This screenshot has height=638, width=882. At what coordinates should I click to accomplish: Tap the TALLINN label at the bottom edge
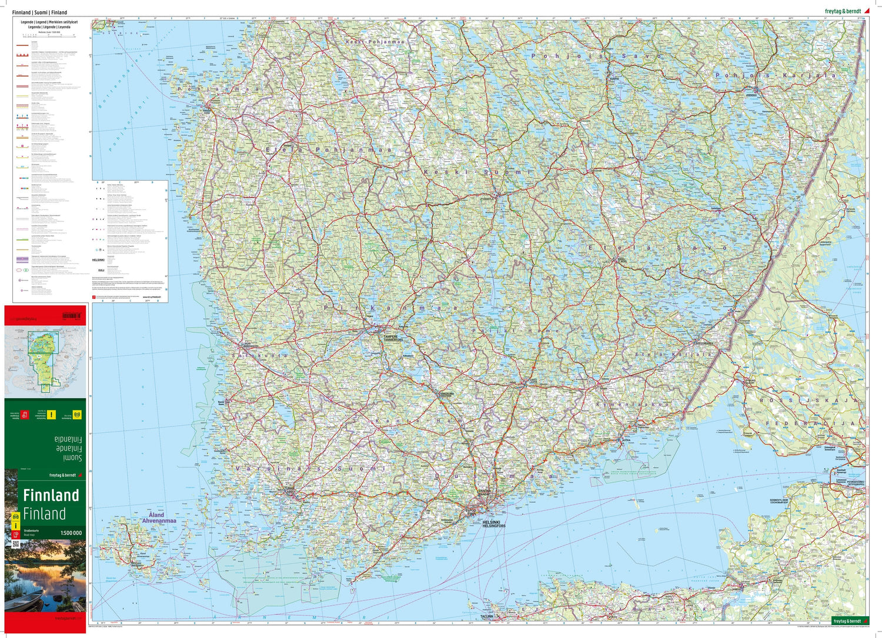coord(486,616)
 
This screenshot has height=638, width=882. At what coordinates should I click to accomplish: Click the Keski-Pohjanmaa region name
coord(375,42)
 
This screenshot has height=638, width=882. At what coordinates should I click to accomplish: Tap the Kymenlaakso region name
coord(632,405)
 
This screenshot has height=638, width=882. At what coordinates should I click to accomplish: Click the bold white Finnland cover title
coord(51,495)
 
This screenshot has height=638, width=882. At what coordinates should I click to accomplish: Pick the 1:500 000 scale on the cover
coord(71,533)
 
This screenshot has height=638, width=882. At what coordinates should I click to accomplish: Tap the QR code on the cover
coord(15,544)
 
